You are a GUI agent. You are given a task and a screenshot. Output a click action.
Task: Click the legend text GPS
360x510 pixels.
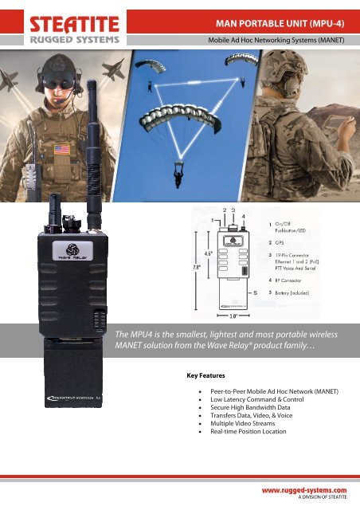pos(281,241)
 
